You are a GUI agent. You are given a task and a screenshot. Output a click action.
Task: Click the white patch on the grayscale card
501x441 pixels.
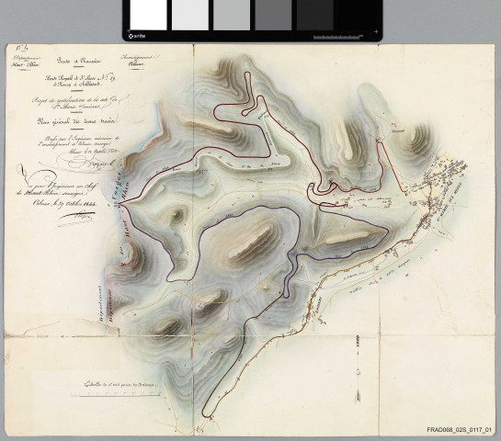coord(148,15)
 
